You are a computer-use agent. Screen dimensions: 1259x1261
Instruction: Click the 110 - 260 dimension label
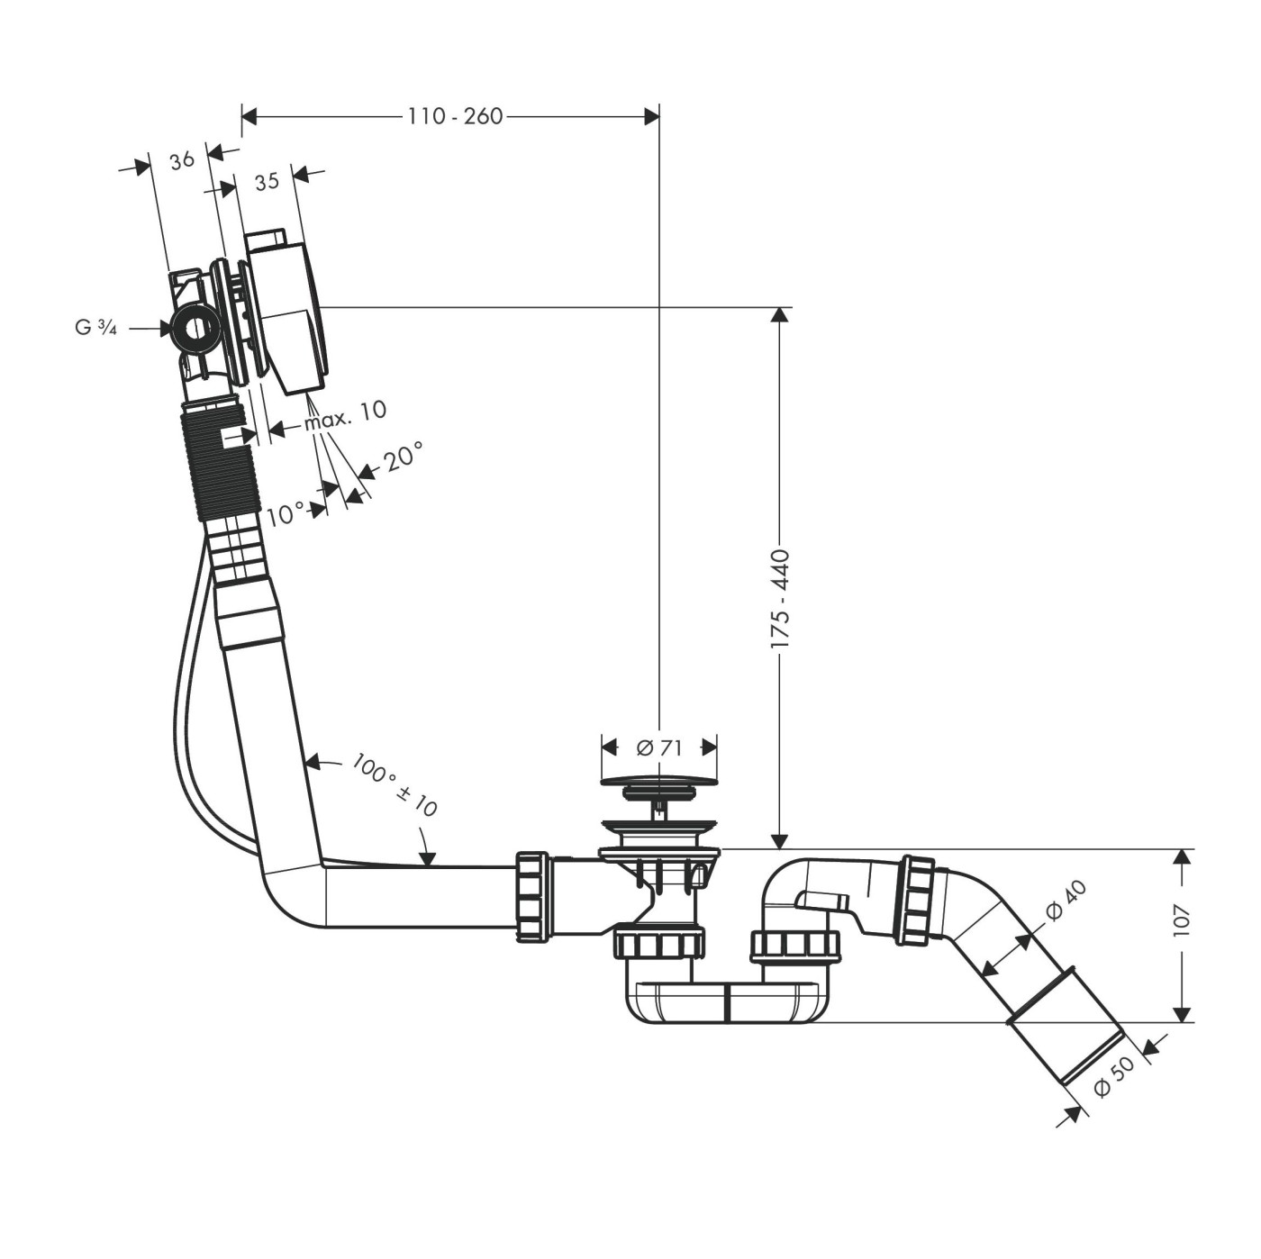(455, 116)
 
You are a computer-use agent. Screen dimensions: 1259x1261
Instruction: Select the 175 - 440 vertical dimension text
(779, 599)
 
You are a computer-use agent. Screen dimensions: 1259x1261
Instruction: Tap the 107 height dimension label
(1182, 919)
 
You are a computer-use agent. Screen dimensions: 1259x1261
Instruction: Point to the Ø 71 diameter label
(659, 747)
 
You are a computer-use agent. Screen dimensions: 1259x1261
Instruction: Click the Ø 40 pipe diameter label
(1066, 901)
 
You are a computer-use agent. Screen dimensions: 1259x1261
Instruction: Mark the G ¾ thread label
(95, 329)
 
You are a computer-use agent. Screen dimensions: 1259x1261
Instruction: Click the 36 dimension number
(182, 160)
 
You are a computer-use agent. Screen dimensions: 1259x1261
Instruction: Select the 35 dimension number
(267, 182)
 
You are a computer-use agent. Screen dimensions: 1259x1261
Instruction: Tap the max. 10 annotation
(345, 415)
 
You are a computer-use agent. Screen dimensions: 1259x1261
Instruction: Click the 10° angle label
(286, 516)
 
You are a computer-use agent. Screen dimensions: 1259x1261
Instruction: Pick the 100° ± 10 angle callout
(395, 786)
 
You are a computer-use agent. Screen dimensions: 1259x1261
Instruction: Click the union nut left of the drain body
(532, 896)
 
